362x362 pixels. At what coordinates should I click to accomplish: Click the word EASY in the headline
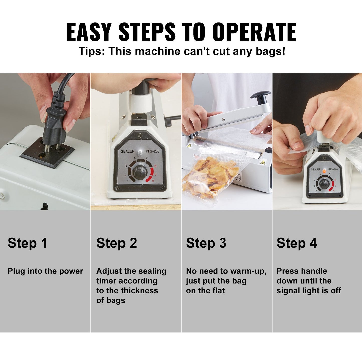pos(89,32)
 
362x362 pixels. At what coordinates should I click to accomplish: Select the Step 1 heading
pos(27,243)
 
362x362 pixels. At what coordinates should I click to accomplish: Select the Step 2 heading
pos(116,243)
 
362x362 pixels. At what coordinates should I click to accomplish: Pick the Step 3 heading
pos(206,243)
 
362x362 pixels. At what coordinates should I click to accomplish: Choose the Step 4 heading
pos(297,243)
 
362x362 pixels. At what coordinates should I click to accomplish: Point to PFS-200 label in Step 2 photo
pos(152,151)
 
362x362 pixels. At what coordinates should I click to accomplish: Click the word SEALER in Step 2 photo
pos(127,151)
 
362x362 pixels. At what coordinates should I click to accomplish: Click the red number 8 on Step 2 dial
pos(153,181)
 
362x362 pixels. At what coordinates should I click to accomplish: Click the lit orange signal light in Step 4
pos(324,171)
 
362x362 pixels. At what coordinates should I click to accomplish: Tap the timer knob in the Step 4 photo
pos(324,184)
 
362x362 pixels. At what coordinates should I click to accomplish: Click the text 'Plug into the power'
pos(45,271)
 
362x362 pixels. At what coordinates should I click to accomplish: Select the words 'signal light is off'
pos(309,290)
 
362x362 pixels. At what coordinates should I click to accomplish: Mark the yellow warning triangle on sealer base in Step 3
pos(262,162)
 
